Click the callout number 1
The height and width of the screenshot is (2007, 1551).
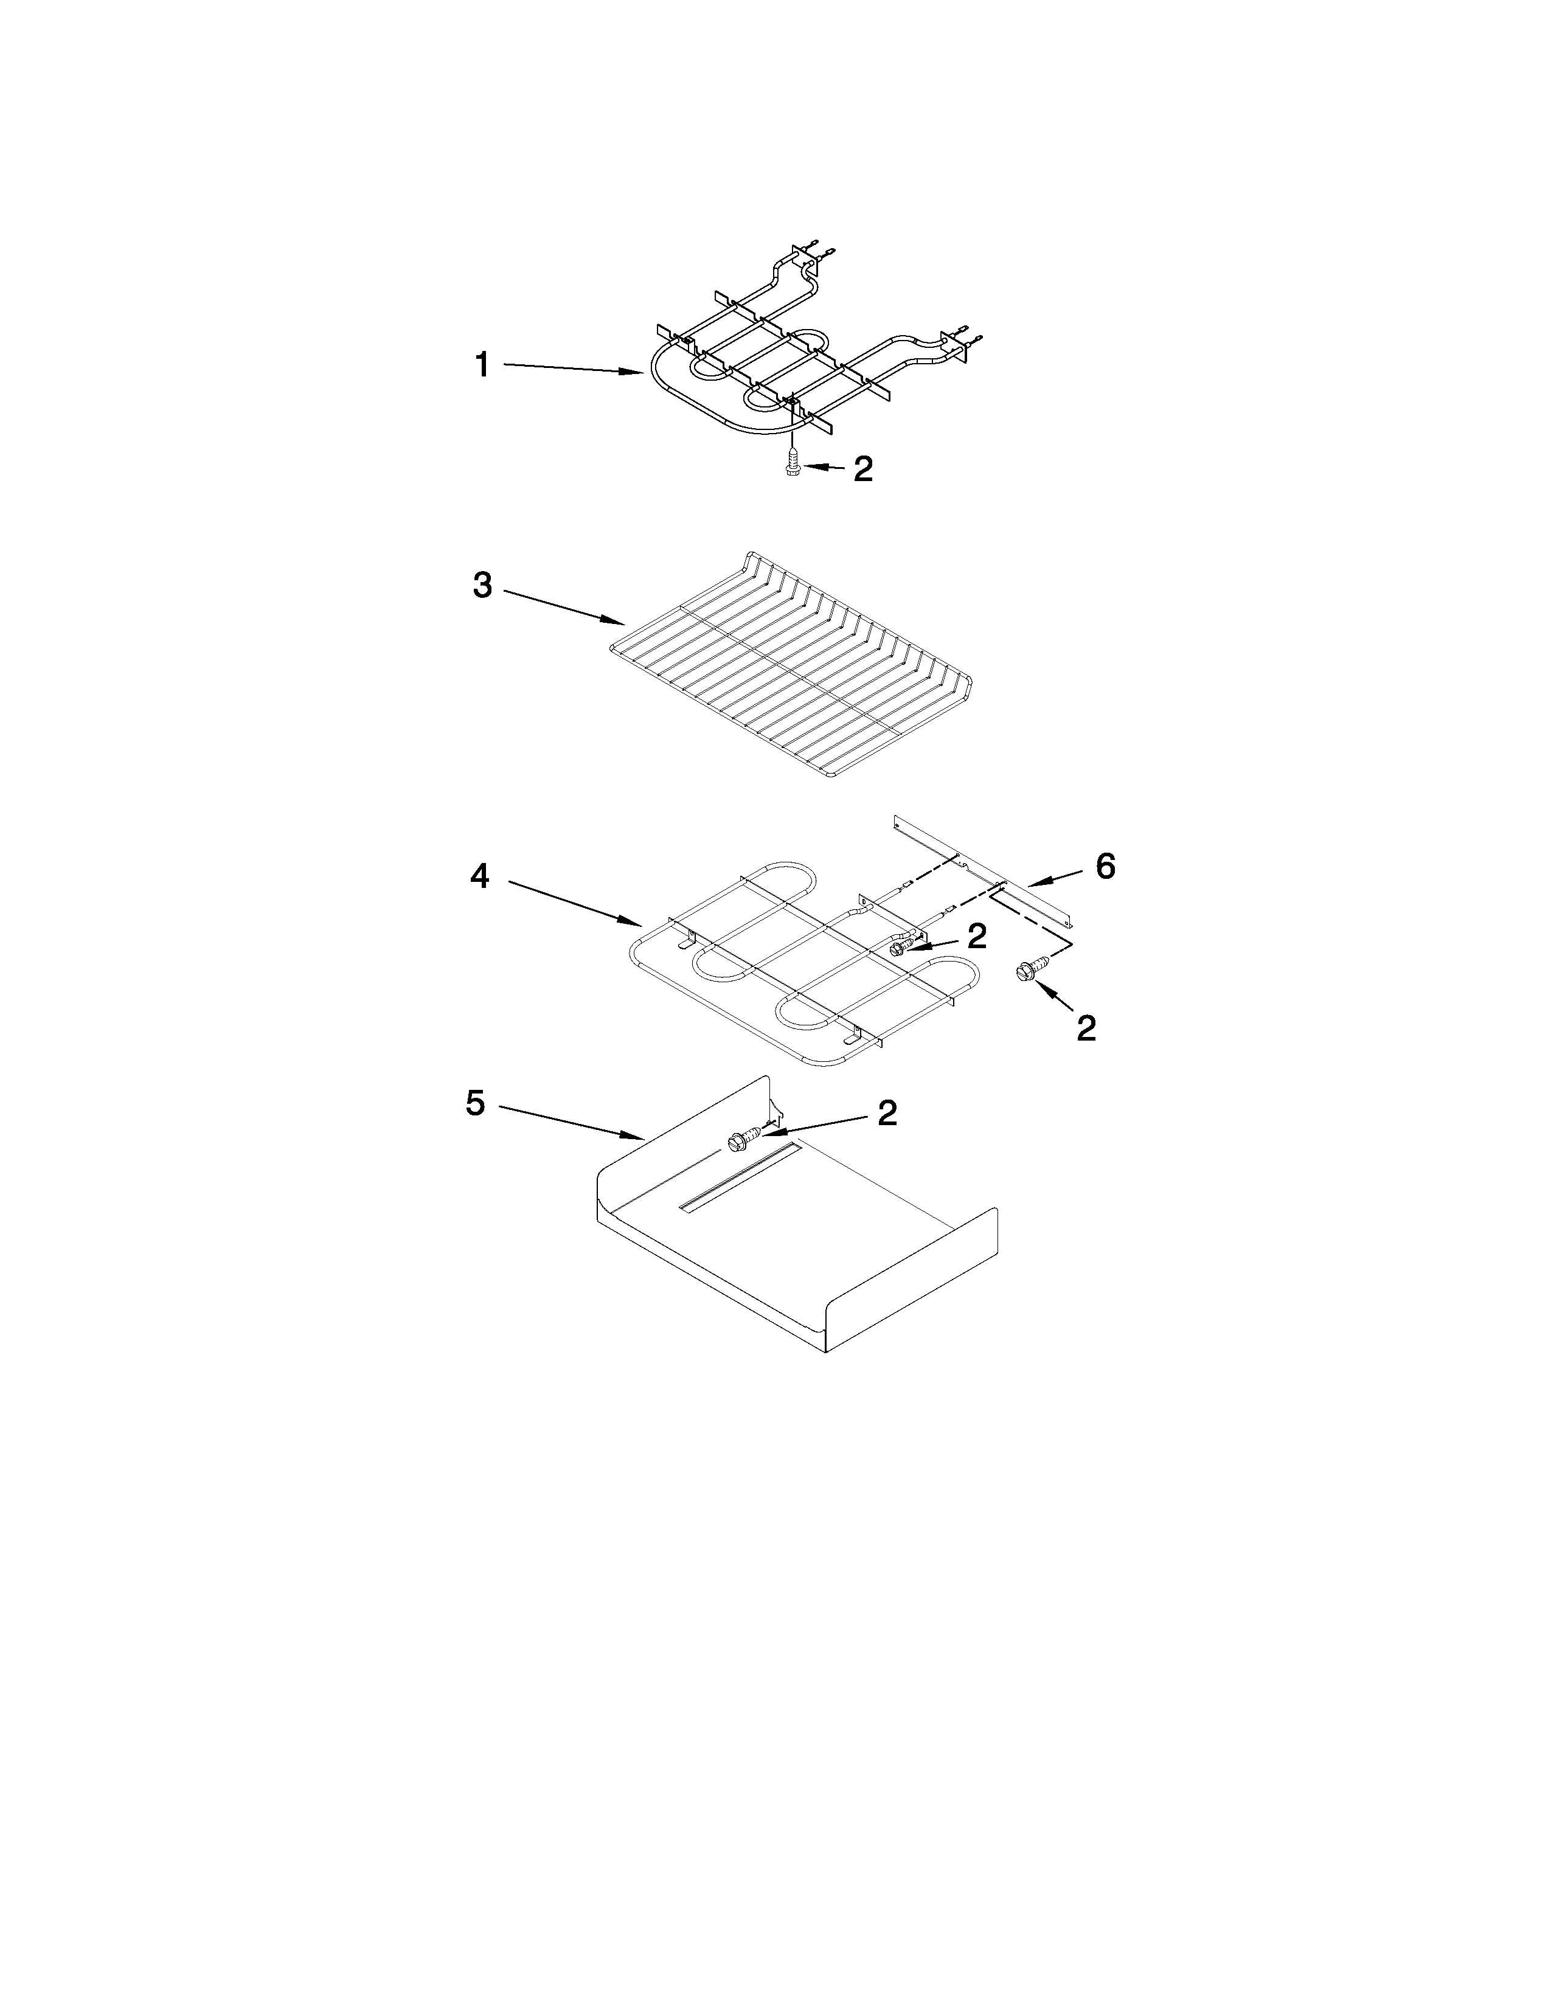point(482,366)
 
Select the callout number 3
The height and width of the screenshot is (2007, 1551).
point(482,585)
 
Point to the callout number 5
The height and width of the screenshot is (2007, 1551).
point(475,1103)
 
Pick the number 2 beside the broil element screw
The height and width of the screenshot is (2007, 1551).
point(863,470)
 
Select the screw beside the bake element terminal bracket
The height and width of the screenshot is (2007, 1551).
point(900,946)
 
